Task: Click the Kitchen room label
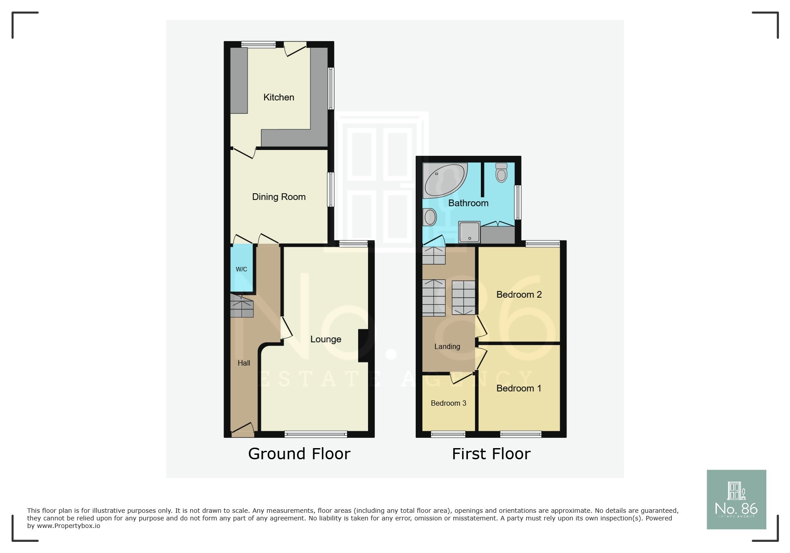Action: [x=279, y=97]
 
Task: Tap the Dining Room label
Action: [x=279, y=197]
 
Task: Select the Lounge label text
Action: [x=326, y=339]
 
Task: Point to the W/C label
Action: [x=241, y=269]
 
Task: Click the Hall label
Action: [x=244, y=363]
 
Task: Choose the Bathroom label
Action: [x=468, y=203]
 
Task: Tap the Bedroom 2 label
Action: [x=519, y=295]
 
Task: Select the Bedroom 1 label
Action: [x=519, y=388]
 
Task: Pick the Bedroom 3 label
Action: [x=448, y=403]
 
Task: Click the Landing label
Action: [x=447, y=346]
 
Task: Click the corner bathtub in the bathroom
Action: [x=443, y=180]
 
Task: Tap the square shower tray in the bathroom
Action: [x=469, y=233]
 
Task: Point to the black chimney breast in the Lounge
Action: [x=363, y=345]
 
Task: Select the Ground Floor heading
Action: [x=299, y=454]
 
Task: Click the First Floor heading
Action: [x=491, y=454]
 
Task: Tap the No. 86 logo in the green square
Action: [x=736, y=499]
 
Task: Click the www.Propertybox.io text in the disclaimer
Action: [x=69, y=526]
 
